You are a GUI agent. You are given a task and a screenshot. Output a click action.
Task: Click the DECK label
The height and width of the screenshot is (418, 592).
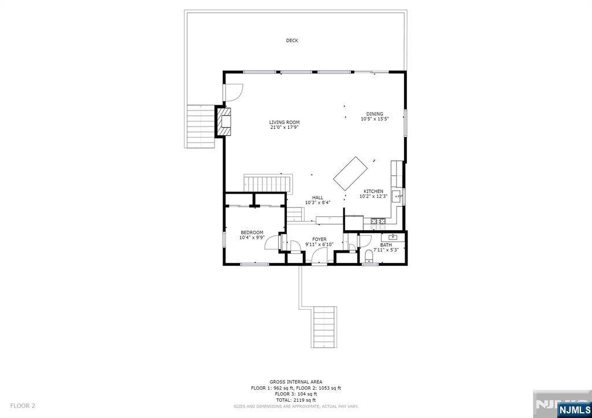click(292, 40)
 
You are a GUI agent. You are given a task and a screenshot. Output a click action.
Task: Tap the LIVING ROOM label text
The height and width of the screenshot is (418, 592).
click(284, 122)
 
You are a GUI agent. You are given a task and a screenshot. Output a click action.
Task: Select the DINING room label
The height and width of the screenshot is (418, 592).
click(375, 114)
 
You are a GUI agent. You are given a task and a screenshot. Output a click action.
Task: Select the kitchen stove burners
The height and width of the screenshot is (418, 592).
click(379, 221)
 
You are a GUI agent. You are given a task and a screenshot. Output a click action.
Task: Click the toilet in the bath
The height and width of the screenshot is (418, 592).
click(369, 256)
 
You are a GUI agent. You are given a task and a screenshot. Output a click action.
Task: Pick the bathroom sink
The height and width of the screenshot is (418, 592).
click(394, 236)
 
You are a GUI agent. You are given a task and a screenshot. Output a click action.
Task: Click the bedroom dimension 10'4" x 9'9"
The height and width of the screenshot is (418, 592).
click(251, 238)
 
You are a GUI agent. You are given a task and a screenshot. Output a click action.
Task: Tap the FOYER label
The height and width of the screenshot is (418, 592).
click(319, 239)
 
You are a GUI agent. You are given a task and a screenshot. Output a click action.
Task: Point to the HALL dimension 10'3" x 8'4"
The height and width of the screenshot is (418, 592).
click(317, 202)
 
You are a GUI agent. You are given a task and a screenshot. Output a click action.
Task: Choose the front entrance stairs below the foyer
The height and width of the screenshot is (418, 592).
click(324, 327)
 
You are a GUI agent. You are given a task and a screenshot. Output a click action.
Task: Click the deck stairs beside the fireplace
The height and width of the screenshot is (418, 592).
click(201, 125)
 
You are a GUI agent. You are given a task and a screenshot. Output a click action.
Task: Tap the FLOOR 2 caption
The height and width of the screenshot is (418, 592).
click(23, 406)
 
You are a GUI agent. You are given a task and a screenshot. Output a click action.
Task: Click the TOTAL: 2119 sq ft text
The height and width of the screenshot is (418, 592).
click(295, 400)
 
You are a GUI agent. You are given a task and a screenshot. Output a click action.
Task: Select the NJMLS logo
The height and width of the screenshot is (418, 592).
click(574, 411)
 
